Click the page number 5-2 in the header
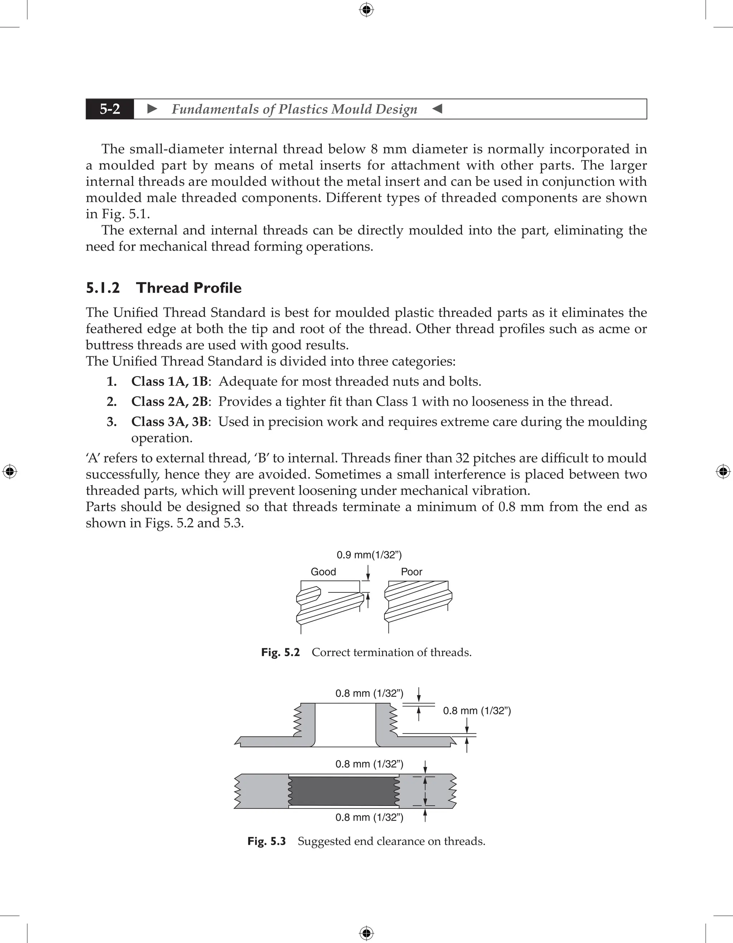(110, 109)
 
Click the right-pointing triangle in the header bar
(152, 109)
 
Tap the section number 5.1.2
(103, 288)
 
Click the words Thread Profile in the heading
(189, 288)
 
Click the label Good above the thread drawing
(323, 572)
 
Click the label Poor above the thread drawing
(411, 572)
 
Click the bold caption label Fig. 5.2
(280, 653)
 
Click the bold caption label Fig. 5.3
(267, 841)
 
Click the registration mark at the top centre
(366, 10)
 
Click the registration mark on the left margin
(10, 471)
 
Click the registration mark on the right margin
(723, 471)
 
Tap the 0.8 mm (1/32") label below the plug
(369, 817)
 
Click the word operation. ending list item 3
(161, 438)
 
